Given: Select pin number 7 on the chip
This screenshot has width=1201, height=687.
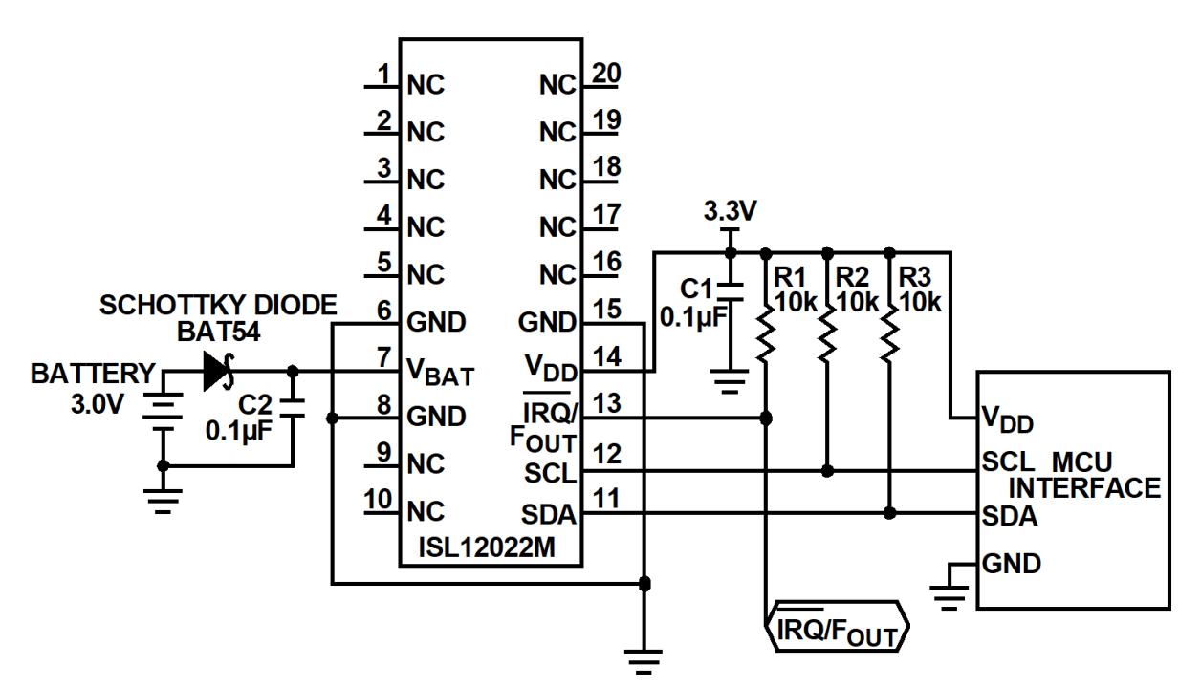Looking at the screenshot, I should pos(383,357).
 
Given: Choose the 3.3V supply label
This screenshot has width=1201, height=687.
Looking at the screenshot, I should pos(730,210).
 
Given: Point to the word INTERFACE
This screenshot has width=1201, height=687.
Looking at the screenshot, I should pos(1085,488).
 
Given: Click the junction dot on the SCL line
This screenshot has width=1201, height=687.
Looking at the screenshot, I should pos(828,471).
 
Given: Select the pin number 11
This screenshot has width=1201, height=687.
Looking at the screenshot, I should pos(607,498).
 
